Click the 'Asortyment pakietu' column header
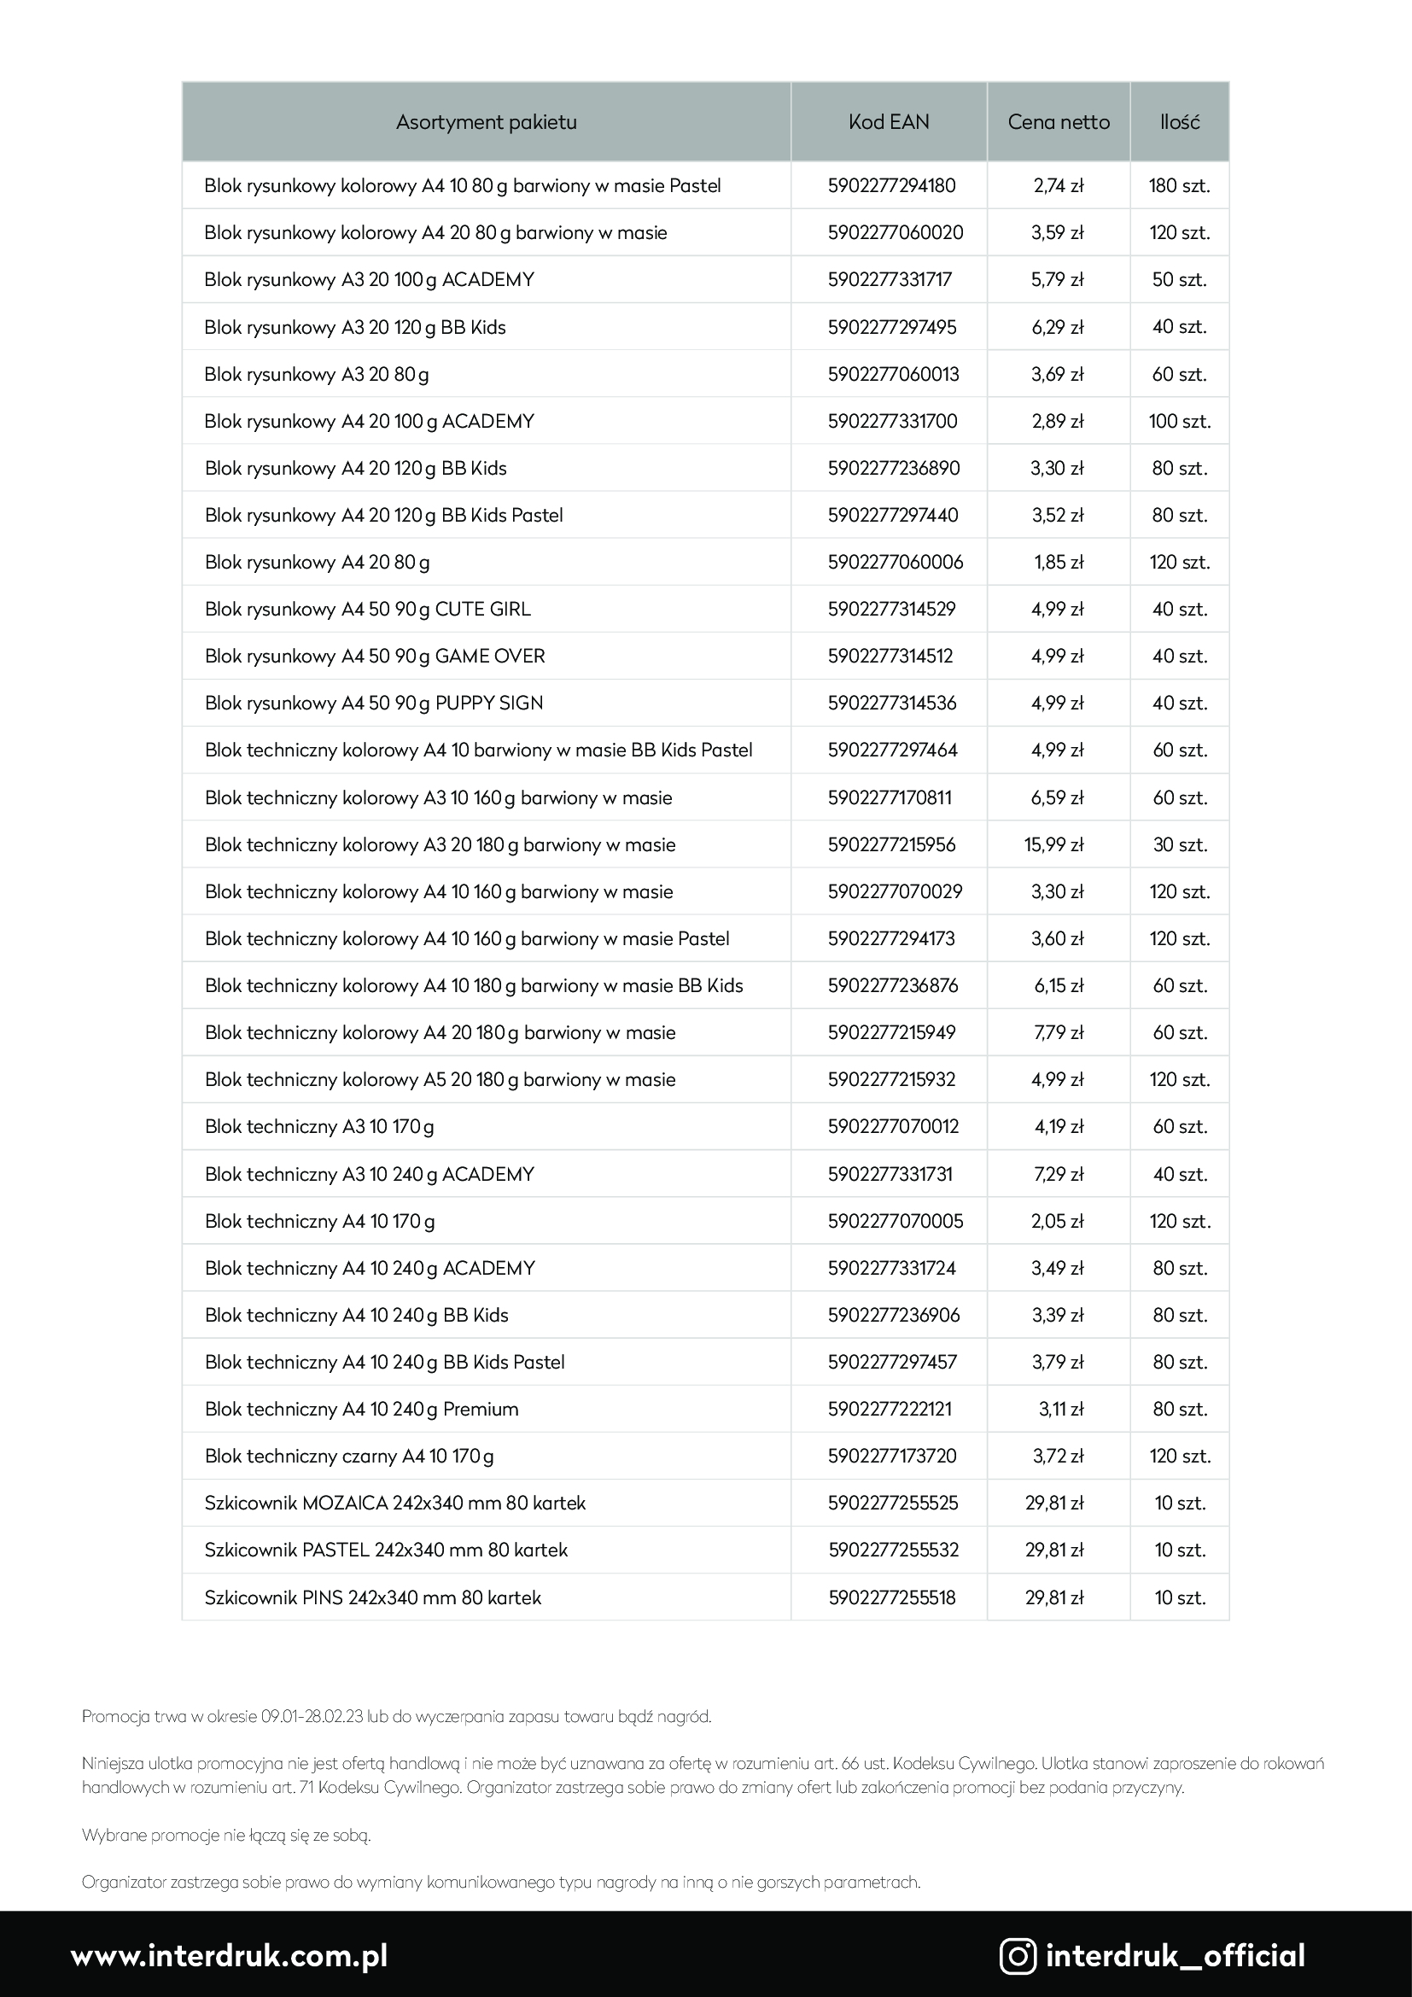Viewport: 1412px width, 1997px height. [x=486, y=122]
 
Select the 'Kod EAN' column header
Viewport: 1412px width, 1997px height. [x=889, y=122]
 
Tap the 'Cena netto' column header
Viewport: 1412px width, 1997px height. [x=1058, y=122]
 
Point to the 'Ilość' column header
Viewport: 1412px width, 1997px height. [x=1179, y=122]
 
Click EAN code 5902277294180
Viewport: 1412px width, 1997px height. [x=891, y=185]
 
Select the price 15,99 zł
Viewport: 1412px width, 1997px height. [x=1053, y=844]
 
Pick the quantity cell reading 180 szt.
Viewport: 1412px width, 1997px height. [x=1179, y=185]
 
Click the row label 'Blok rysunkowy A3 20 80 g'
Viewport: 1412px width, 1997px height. [x=317, y=374]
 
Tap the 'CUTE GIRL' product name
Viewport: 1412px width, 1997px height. [x=482, y=609]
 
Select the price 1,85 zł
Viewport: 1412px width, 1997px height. [x=1058, y=562]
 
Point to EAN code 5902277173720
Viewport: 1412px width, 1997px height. [x=892, y=1456]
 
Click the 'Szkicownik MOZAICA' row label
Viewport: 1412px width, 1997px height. [x=394, y=1503]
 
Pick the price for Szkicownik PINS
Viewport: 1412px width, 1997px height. [x=1053, y=1597]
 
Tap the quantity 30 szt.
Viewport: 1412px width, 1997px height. [x=1180, y=844]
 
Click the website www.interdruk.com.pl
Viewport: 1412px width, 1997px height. [x=230, y=1956]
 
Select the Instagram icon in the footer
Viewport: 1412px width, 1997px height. [x=1018, y=1956]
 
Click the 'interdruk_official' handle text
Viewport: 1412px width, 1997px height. [x=1176, y=1956]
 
